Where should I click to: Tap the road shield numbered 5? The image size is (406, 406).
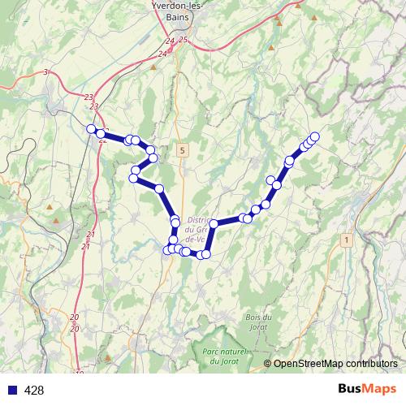point(184,150)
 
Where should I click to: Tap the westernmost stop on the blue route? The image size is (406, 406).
point(91,127)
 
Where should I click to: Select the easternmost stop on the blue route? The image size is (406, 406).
point(315,136)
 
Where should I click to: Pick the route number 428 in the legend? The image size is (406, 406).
point(35,391)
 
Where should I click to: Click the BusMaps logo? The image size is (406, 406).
point(367,390)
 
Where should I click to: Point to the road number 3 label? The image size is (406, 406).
point(45,73)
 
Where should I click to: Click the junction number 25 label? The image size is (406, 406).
point(183,40)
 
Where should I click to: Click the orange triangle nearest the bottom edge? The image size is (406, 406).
point(107,356)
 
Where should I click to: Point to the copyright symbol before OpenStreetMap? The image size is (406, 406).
point(267,363)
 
